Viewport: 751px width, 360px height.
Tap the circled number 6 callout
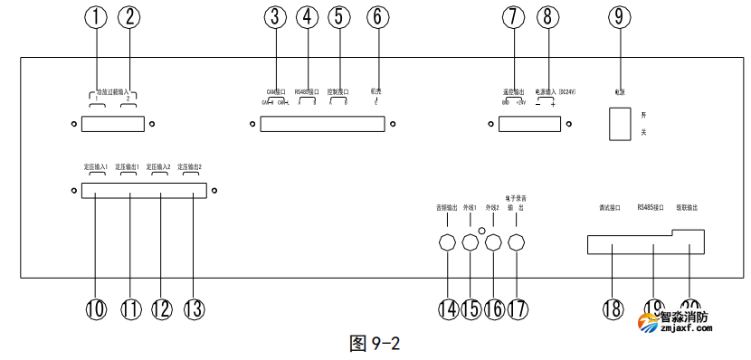coord(376,16)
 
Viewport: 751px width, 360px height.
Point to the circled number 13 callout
coord(192,308)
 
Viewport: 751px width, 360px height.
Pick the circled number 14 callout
coord(448,308)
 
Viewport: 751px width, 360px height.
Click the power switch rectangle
coord(618,123)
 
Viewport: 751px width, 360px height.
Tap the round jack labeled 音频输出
coord(447,243)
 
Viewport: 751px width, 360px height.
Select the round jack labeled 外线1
coord(470,243)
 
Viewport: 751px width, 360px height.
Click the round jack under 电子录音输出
coord(517,243)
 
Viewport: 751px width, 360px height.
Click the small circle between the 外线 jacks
coord(482,232)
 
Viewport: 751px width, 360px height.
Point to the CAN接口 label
coord(275,91)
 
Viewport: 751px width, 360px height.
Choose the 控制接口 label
coord(339,91)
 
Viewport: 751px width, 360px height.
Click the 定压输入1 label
coord(90,167)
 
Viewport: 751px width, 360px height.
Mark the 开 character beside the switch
coord(643,115)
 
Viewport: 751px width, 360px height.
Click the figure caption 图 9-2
coord(374,344)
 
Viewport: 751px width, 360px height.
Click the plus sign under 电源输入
coord(553,104)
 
